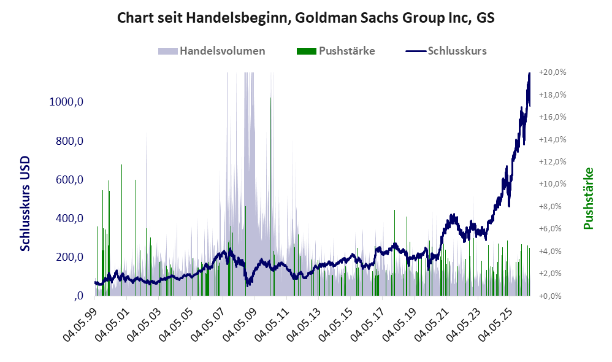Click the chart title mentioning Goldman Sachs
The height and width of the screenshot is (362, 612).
point(305,18)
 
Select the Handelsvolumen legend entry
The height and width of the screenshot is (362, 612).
point(212,51)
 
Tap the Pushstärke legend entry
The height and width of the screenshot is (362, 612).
point(335,51)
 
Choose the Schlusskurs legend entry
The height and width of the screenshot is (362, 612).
point(446,51)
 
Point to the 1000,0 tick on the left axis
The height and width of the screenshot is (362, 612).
point(66,102)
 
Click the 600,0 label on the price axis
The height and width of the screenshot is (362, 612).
point(69,180)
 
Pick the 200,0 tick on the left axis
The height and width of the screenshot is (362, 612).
point(69,257)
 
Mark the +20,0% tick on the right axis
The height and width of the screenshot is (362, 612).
point(553,72)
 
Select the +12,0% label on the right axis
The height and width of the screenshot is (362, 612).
point(553,161)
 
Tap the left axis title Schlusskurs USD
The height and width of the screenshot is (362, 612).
point(25,204)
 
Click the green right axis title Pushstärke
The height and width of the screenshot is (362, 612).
point(589,198)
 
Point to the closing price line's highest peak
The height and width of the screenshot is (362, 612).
point(529,73)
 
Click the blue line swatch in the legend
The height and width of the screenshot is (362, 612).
point(416,51)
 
